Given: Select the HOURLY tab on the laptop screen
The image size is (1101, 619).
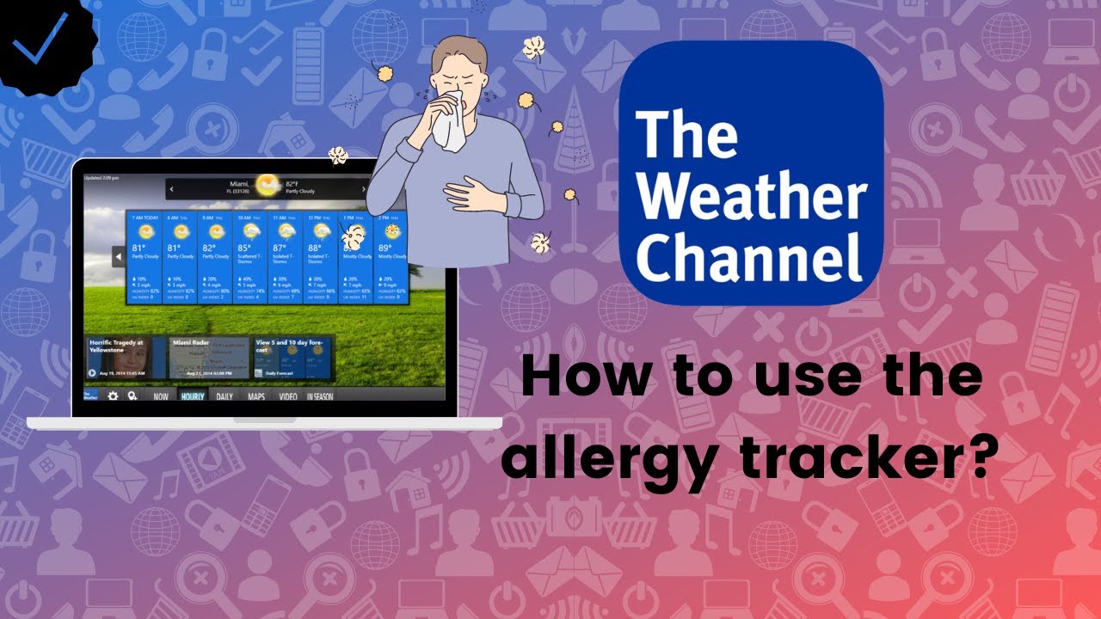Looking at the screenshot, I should coord(193,397).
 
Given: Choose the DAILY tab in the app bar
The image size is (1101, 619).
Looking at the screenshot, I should coord(224,397).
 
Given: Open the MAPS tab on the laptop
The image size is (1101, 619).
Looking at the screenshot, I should coord(255,397).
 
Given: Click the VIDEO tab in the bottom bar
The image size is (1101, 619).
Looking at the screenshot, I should coord(287,397).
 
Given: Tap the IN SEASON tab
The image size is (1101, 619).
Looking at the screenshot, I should coord(320,397).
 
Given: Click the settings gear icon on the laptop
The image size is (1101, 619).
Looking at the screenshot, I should coord(113,396).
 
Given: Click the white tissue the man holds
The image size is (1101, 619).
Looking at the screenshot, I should coord(447,120).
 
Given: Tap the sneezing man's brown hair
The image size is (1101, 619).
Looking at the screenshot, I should coord(459,52).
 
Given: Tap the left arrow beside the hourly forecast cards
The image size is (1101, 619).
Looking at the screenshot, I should coord(119,255).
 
